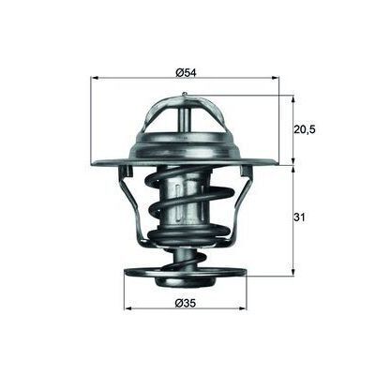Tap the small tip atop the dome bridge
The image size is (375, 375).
point(185,95)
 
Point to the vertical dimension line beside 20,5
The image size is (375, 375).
point(293,128)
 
